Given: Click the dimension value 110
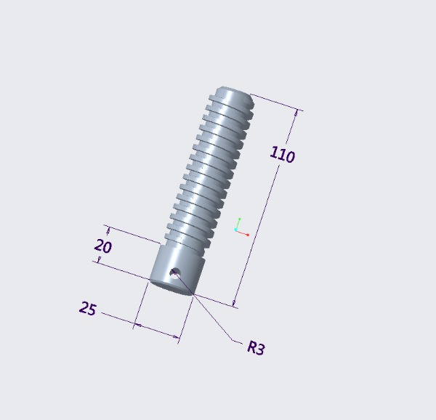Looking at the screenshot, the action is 282,155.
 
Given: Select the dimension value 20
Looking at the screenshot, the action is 103,246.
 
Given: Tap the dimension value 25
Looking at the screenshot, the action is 88,309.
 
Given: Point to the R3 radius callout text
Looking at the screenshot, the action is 256,348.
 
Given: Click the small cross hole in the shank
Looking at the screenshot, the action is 174,273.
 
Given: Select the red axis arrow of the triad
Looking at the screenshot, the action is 243,233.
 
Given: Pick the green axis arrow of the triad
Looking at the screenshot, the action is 238,224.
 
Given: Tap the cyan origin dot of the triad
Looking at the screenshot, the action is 235,230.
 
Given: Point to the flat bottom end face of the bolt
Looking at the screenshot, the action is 171,288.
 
